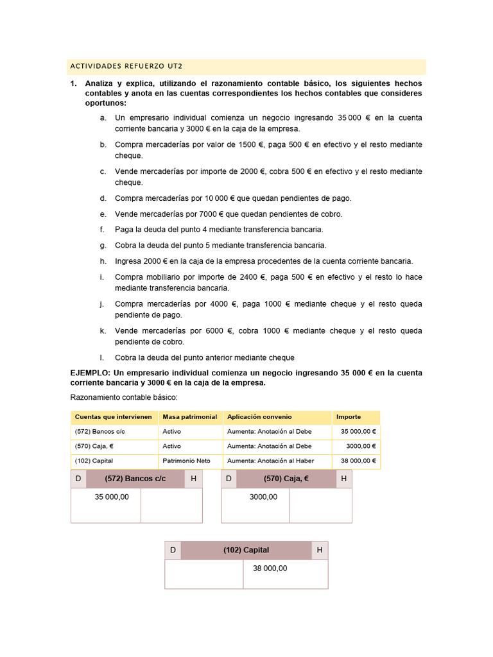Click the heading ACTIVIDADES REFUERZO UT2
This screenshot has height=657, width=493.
[x=125, y=67]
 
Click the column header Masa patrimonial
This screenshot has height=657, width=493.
[x=189, y=417]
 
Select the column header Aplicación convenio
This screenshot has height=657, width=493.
[x=259, y=417]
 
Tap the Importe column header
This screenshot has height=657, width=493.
[x=349, y=417]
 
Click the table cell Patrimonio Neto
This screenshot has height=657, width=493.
[x=186, y=461]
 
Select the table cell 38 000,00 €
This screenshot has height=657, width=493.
[x=356, y=461]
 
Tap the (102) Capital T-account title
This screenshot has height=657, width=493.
[x=246, y=550]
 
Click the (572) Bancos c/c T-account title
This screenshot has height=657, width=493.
[x=135, y=479]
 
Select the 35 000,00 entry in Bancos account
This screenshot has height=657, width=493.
[x=112, y=497]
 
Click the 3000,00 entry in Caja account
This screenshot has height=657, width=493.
[x=263, y=497]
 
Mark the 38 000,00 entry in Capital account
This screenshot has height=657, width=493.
[x=270, y=568]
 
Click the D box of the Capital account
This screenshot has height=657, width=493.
[x=173, y=550]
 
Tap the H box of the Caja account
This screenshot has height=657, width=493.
[x=343, y=479]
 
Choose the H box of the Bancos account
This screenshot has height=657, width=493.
[x=193, y=479]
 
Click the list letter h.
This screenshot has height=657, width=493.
[x=102, y=261]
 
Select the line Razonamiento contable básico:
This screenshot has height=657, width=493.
[x=118, y=397]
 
